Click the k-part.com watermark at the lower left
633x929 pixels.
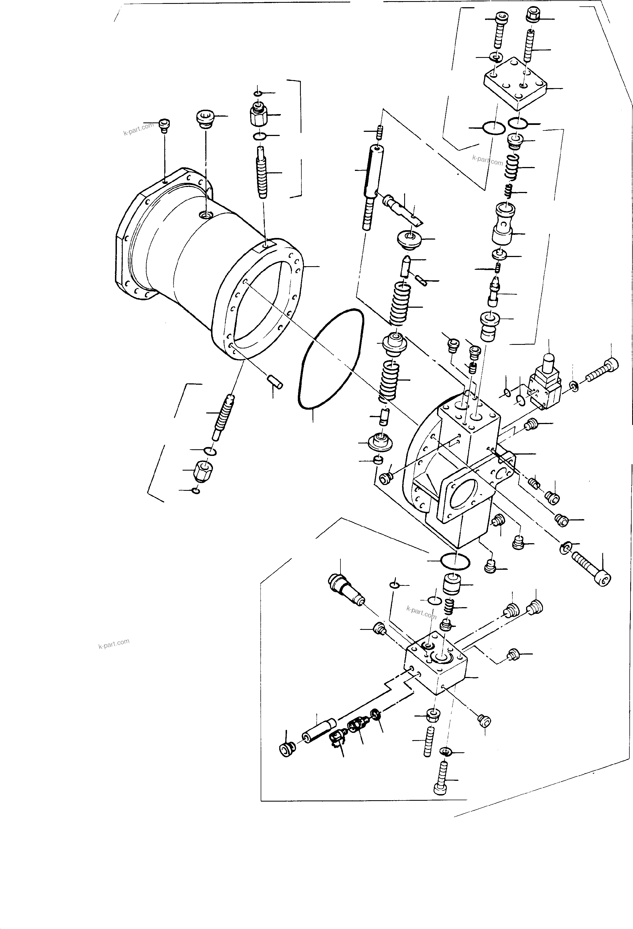tap(114, 644)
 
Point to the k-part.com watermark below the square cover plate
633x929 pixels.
tap(487, 160)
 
